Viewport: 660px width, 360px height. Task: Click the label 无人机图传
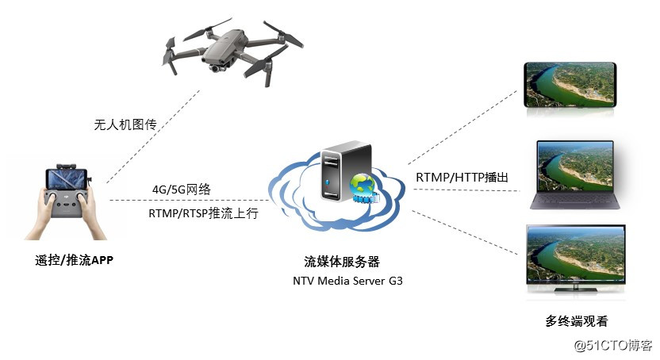tap(124, 124)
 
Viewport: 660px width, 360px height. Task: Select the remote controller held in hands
tap(68, 198)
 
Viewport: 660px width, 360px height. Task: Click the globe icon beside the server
tap(364, 188)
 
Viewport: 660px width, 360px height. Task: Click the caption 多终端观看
tap(576, 320)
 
